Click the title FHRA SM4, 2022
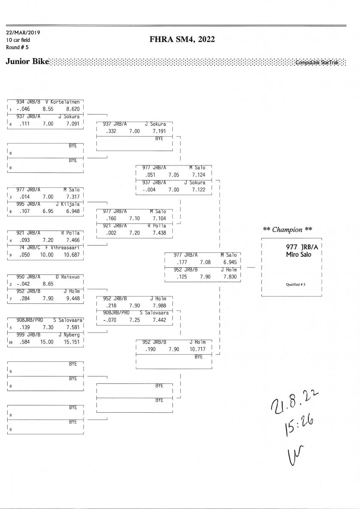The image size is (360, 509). click(x=182, y=40)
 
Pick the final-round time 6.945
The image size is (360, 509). click(x=230, y=263)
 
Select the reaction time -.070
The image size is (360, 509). click(x=110, y=320)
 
